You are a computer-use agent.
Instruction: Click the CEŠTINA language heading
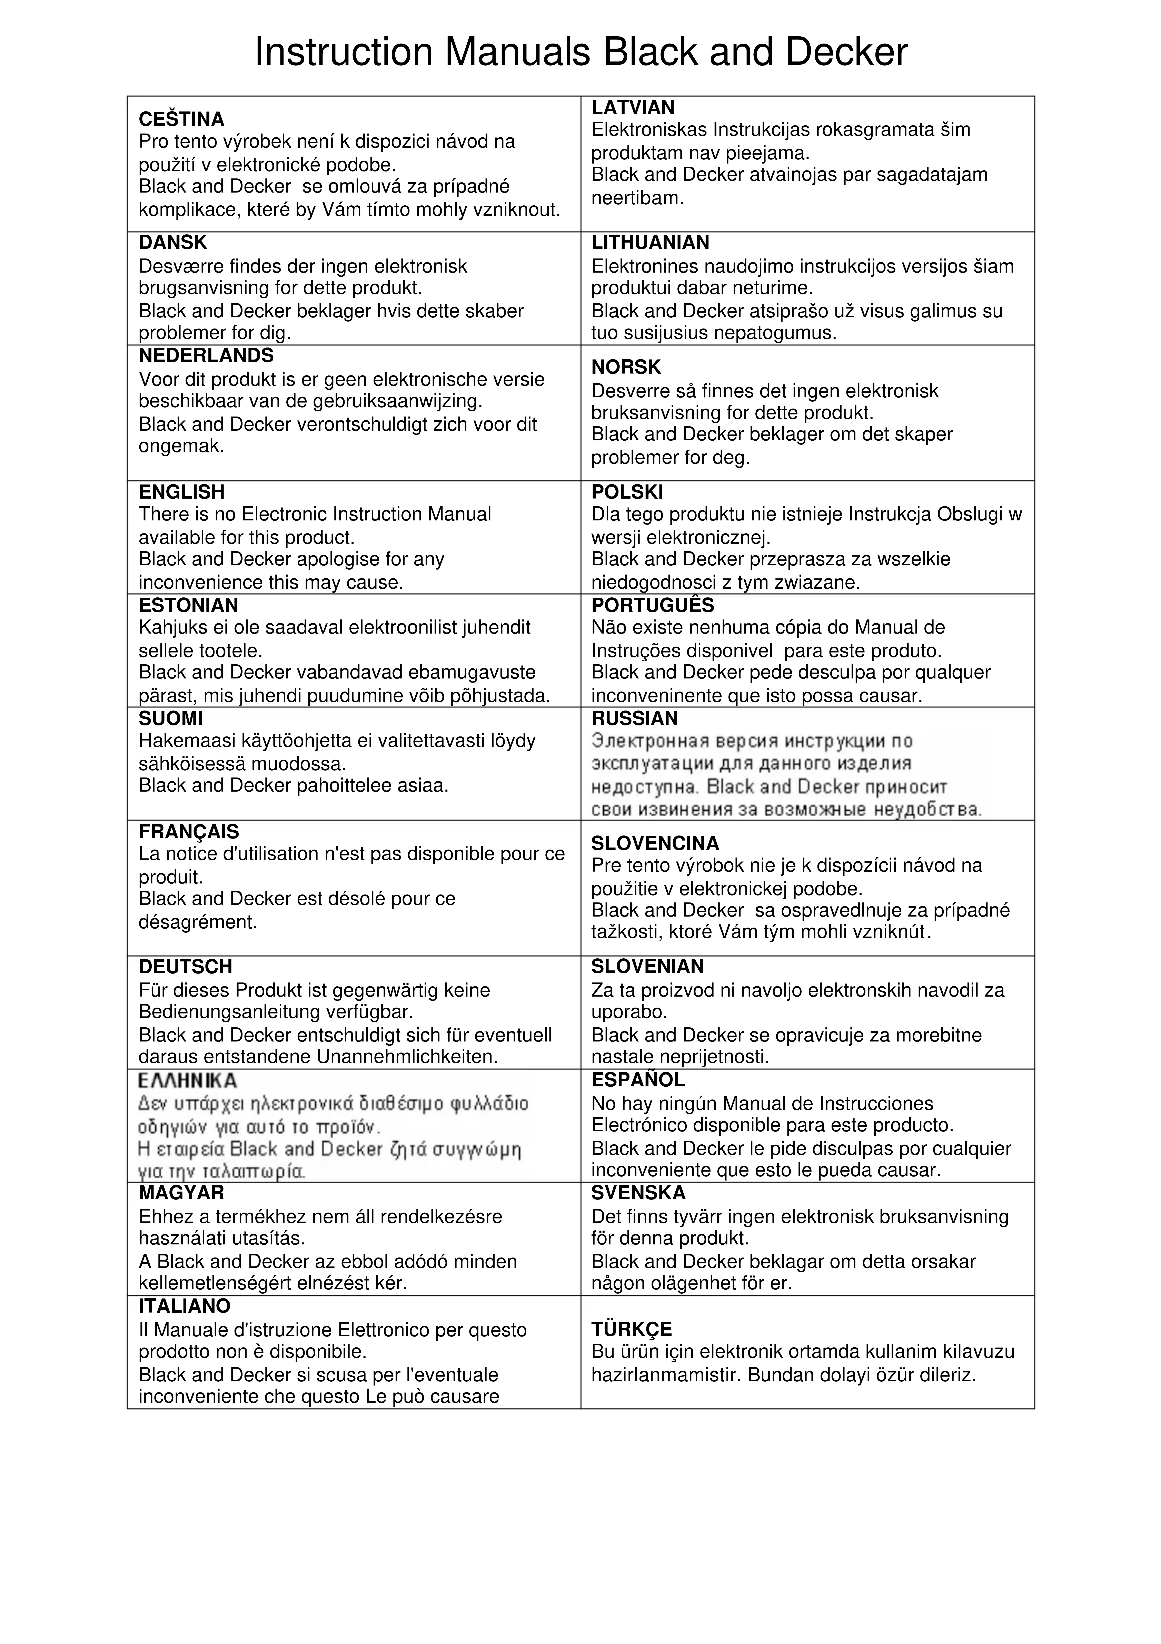click(181, 119)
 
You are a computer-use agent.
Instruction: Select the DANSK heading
click(172, 243)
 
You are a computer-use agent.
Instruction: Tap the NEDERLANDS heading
click(206, 356)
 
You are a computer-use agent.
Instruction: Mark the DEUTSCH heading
click(185, 967)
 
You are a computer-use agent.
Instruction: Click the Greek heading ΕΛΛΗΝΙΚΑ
click(188, 1080)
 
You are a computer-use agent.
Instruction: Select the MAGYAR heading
click(181, 1193)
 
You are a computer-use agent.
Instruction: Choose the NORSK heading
click(626, 367)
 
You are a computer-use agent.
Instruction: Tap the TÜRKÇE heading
click(631, 1330)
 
